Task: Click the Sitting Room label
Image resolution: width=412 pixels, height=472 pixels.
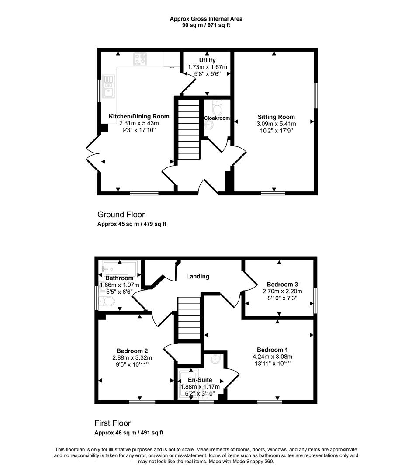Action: pyautogui.click(x=276, y=117)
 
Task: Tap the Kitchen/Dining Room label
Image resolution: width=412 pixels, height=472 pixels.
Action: pyautogui.click(x=139, y=116)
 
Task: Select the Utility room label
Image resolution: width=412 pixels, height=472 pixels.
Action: pyautogui.click(x=207, y=60)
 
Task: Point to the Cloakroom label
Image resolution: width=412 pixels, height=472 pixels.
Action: pyautogui.click(x=217, y=118)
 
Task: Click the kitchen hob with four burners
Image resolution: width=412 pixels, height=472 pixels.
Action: pyautogui.click(x=140, y=59)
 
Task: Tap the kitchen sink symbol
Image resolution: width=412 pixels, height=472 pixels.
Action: pyautogui.click(x=108, y=87)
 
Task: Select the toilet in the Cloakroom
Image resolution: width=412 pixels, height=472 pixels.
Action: pyautogui.click(x=217, y=108)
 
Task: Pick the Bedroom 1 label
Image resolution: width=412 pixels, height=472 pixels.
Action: pyautogui.click(x=272, y=350)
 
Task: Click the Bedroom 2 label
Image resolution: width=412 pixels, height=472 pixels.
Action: pyautogui.click(x=132, y=351)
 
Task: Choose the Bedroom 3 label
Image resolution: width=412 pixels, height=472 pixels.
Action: pyautogui.click(x=282, y=284)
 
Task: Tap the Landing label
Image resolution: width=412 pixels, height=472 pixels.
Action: pyautogui.click(x=197, y=276)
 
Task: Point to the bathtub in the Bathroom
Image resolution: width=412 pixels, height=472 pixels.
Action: pyautogui.click(x=119, y=268)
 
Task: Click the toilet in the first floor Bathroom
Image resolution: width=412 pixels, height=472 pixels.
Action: pyautogui.click(x=107, y=301)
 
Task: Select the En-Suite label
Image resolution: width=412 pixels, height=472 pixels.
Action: pyautogui.click(x=200, y=380)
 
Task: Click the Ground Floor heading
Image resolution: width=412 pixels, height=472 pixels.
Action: pyautogui.click(x=121, y=215)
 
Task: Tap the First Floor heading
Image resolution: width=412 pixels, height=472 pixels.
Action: pyautogui.click(x=113, y=423)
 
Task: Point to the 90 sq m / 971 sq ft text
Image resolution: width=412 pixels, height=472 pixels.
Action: pyautogui.click(x=206, y=25)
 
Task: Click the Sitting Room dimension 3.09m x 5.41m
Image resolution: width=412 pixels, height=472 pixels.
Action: pyautogui.click(x=276, y=124)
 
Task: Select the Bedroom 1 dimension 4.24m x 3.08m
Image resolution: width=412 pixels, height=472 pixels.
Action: pyautogui.click(x=272, y=357)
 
